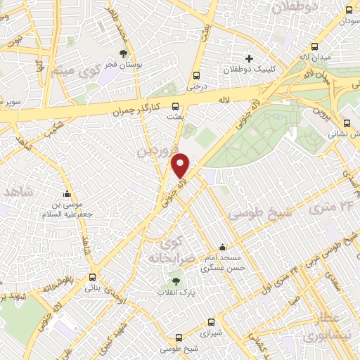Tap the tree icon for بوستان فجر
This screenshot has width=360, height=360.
pos(124,53)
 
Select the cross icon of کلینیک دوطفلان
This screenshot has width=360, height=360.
pos(249,58)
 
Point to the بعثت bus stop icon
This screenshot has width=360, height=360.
pos(185,107)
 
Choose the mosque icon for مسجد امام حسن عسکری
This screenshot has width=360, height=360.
pos(223,247)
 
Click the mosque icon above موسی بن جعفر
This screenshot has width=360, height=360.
pos(67,195)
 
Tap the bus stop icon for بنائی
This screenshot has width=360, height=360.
pos(92,277)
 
